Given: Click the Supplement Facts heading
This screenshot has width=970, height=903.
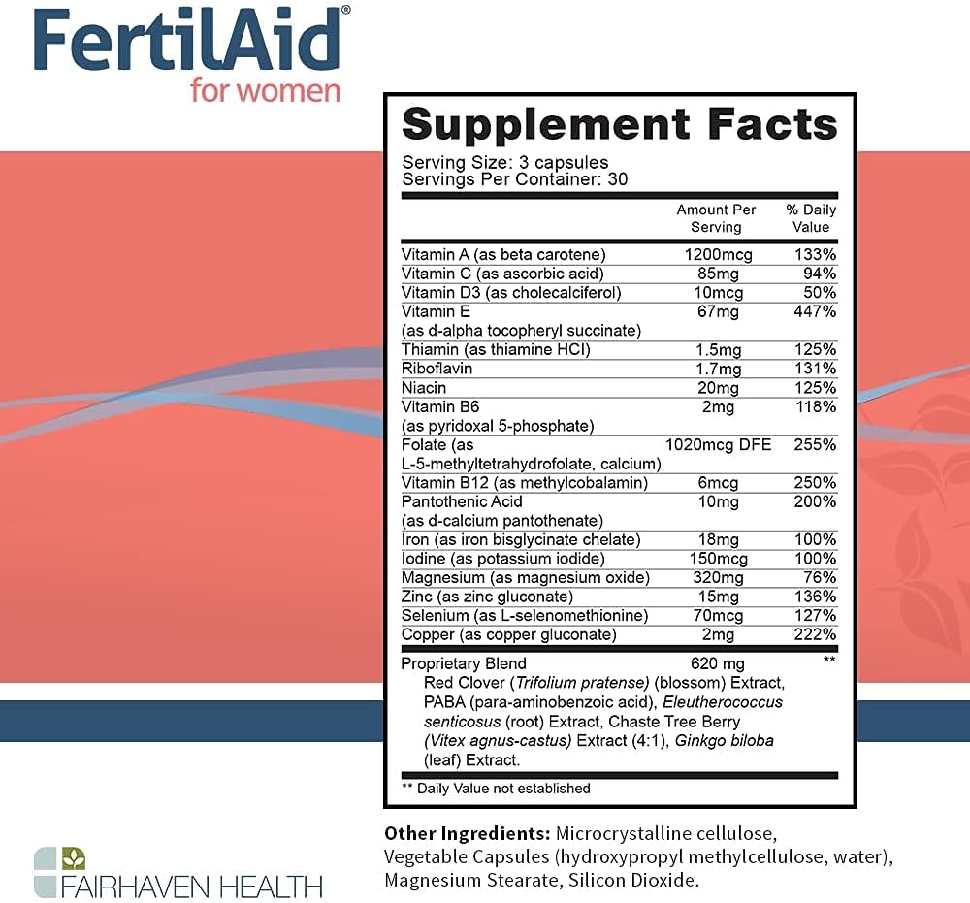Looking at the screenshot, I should coord(619,125).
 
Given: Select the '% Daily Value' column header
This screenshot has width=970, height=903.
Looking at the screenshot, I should coord(811,218).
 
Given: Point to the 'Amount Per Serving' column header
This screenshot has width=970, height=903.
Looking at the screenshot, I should coord(716,218).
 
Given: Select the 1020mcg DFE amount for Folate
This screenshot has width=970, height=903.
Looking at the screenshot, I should coord(718,444).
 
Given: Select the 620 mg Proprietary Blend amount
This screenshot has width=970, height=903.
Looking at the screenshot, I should coord(717,664).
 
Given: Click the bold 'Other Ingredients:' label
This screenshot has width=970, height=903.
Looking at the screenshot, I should coord(467,833).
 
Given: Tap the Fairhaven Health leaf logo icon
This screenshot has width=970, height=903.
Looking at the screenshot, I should coord(60,872).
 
